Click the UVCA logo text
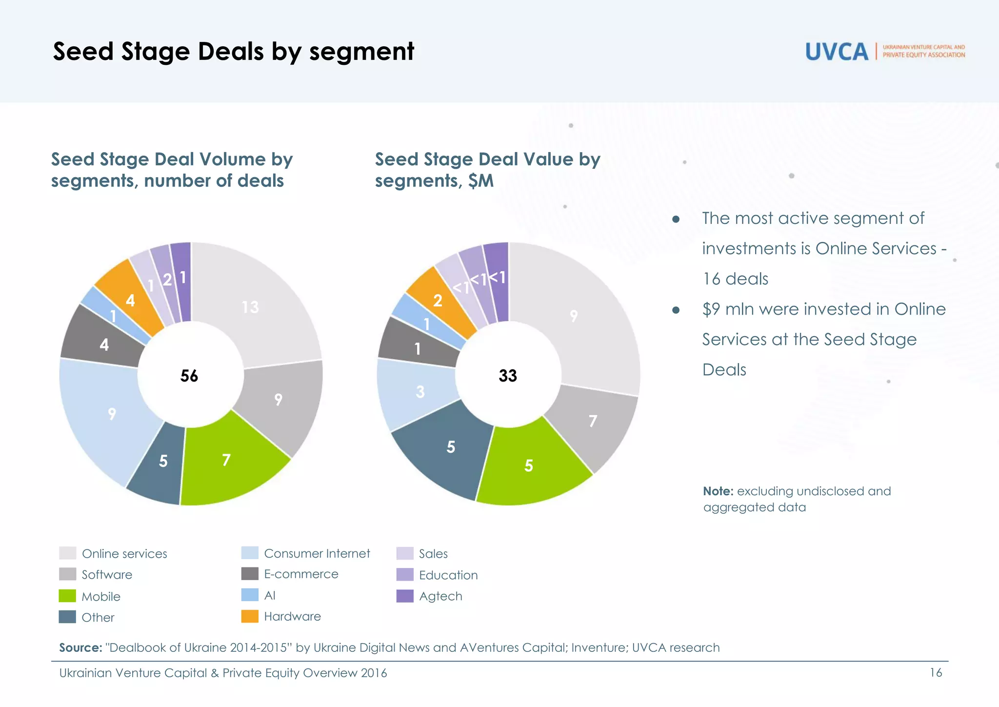[836, 52]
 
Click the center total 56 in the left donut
[189, 376]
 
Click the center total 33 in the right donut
[507, 376]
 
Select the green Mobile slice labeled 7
[229, 461]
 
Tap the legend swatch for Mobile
[67, 596]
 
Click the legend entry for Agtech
[440, 596]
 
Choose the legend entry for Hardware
[292, 617]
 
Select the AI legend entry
[269, 595]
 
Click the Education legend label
[448, 575]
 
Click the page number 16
[936, 673]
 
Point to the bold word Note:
[718, 491]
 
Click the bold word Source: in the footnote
[80, 648]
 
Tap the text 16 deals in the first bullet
[735, 279]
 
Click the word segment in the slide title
[361, 52]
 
